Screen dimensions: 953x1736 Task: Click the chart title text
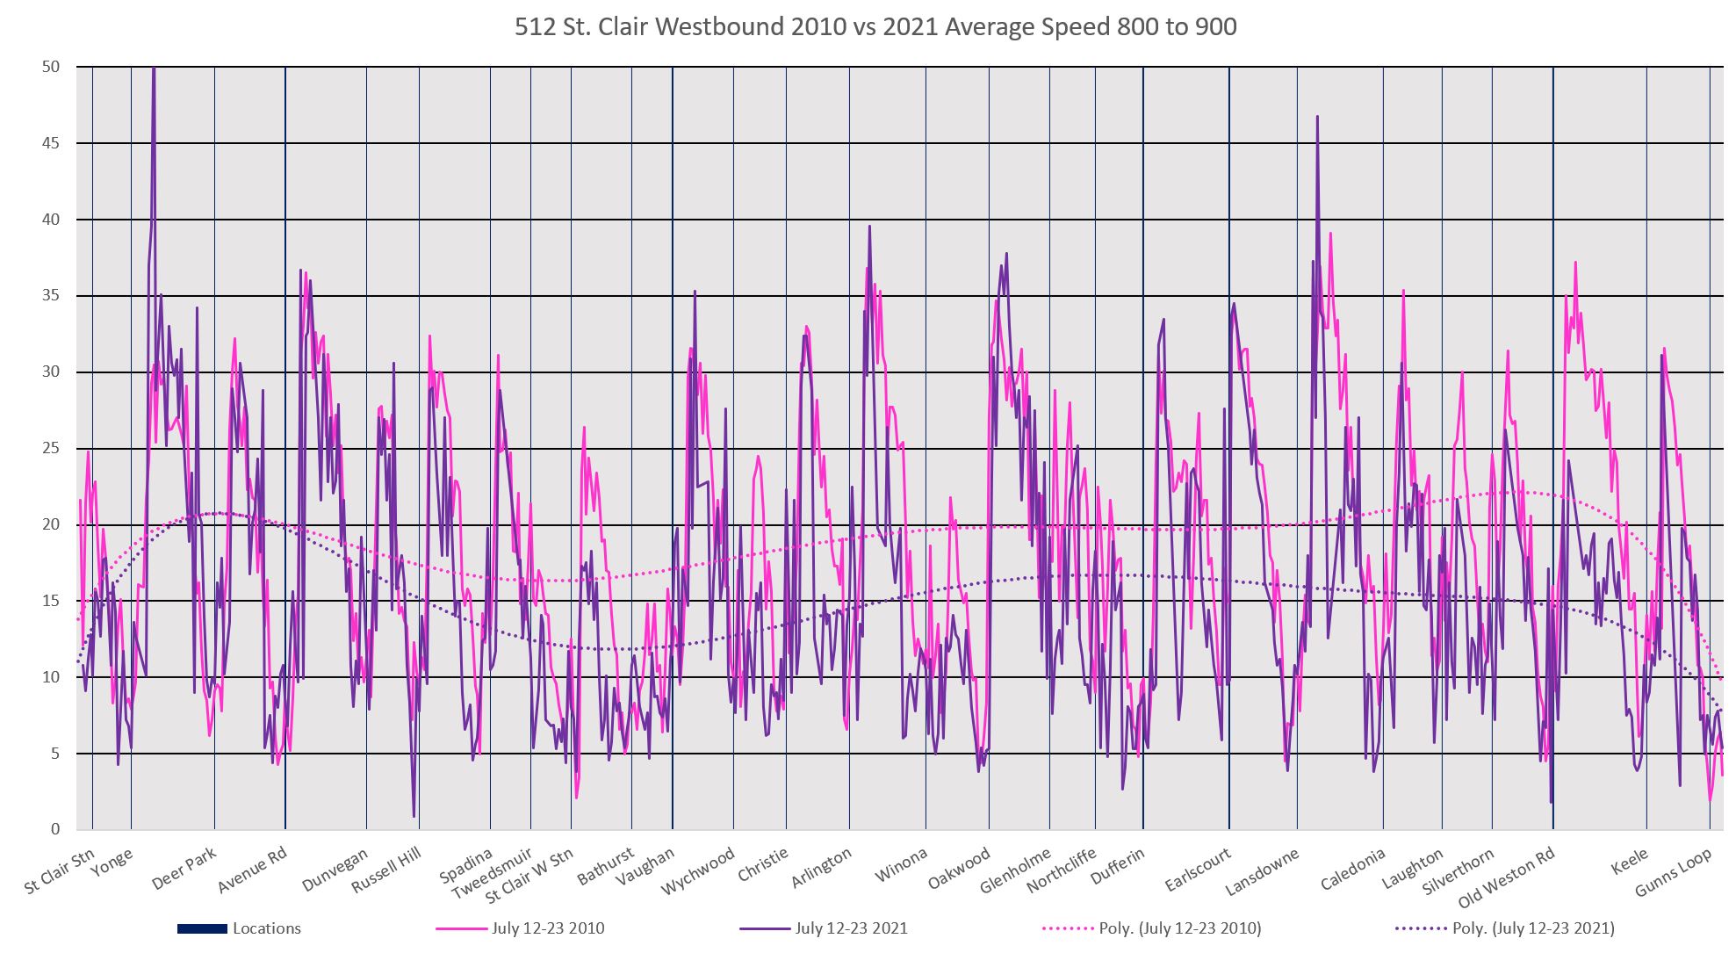(x=875, y=27)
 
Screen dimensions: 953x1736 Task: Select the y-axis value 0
(x=54, y=829)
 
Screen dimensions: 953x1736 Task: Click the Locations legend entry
(x=266, y=928)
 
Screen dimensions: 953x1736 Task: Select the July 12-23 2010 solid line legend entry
(x=548, y=928)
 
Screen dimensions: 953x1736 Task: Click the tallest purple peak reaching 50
(x=154, y=70)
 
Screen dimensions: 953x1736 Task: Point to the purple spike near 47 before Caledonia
(x=1317, y=118)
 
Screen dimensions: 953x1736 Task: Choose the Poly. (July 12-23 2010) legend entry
(x=1180, y=928)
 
